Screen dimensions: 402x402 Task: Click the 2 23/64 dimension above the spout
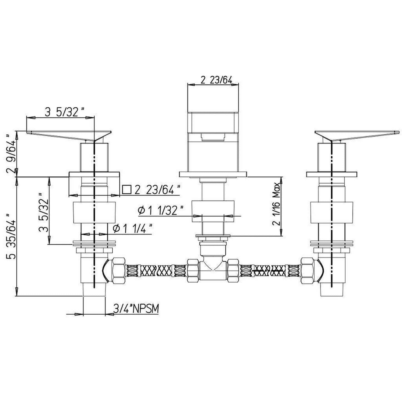216,80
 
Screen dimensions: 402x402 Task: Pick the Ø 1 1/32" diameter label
161,211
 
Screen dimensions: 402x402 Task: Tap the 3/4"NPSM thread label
136,308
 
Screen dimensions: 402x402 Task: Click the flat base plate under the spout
213,174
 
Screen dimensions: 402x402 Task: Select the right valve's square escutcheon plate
331,174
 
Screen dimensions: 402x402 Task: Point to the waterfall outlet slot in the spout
213,137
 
